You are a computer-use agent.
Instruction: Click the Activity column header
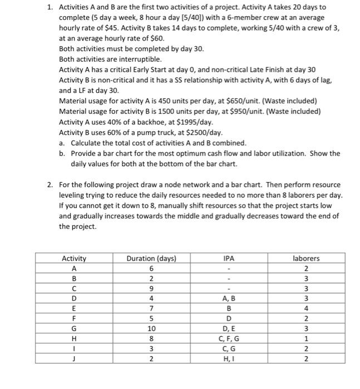[x=73, y=258]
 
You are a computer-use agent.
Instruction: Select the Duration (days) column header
[x=151, y=258]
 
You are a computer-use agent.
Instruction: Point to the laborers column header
[x=306, y=258]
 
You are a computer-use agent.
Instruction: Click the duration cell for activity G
[x=151, y=328]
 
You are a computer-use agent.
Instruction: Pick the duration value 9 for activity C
[x=151, y=289]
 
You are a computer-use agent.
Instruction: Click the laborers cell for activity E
[x=306, y=309]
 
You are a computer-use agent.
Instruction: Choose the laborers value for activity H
[x=306, y=339]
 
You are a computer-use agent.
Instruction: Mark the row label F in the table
[x=73, y=319]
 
